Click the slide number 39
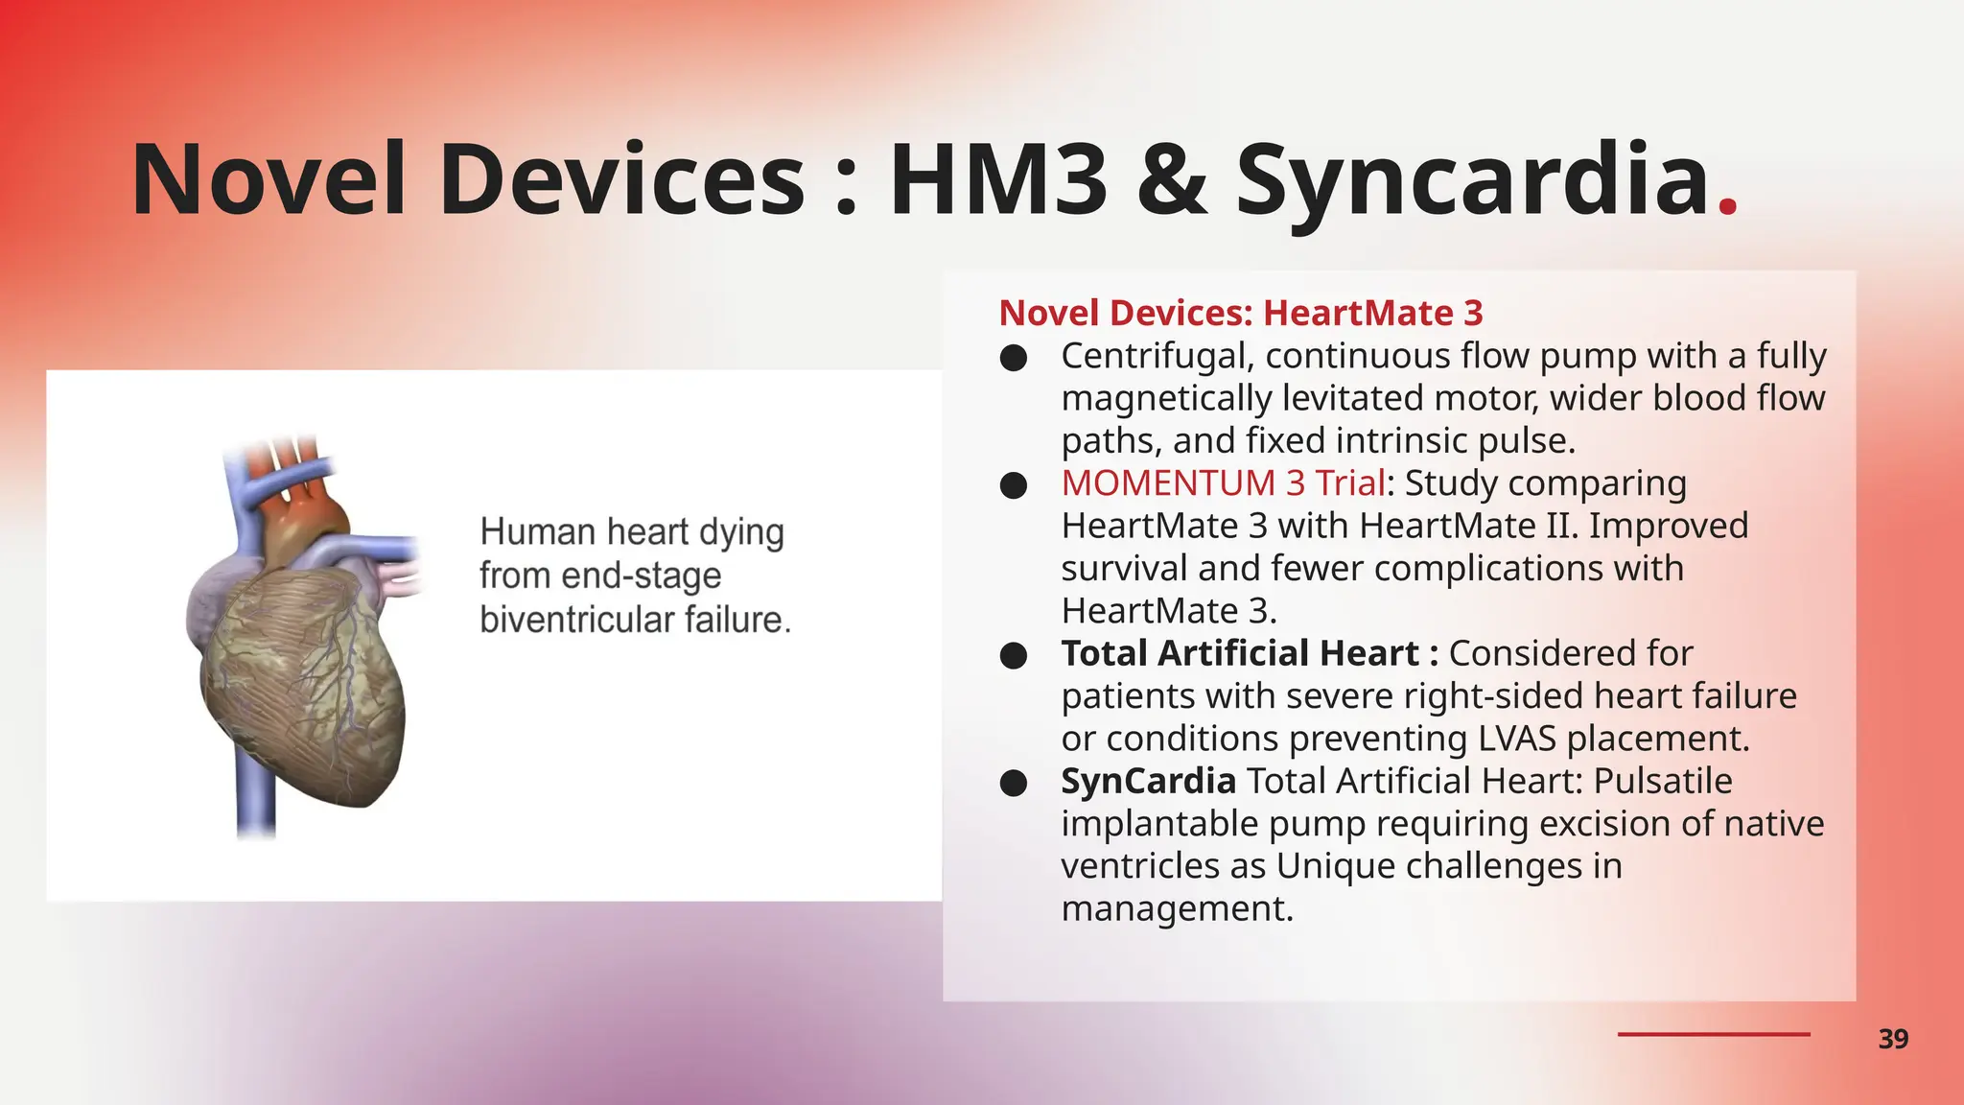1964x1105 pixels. pyautogui.click(x=1893, y=1039)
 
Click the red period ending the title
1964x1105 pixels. pyautogui.click(x=1728, y=206)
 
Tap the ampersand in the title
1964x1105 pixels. pyautogui.click(x=1171, y=179)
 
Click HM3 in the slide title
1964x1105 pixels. pyautogui.click(x=998, y=179)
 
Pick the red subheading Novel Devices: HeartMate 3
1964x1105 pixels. pyautogui.click(x=1241, y=313)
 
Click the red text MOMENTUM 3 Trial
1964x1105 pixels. pyautogui.click(x=1223, y=482)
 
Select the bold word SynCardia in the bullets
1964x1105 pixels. pyautogui.click(x=1148, y=781)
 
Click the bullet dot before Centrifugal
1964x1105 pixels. pyautogui.click(x=1014, y=359)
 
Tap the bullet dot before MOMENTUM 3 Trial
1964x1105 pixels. pyautogui.click(x=1014, y=485)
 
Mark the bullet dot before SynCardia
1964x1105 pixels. pyautogui.click(x=1014, y=784)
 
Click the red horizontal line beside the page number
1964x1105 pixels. pyautogui.click(x=1714, y=1034)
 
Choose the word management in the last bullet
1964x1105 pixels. pyautogui.click(x=1177, y=908)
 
